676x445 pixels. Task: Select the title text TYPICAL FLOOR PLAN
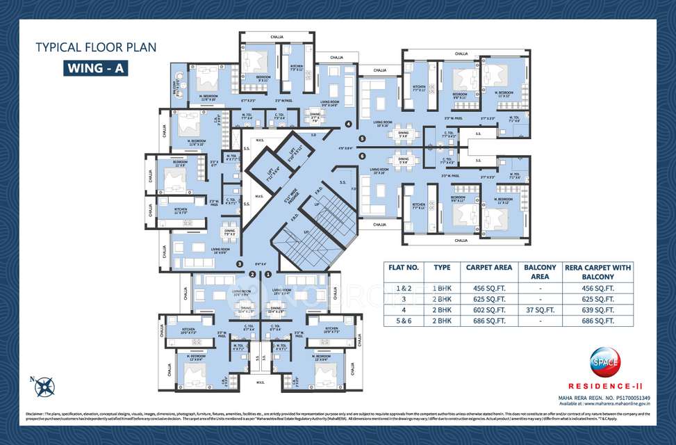[x=96, y=47]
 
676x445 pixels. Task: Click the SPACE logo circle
[x=604, y=361]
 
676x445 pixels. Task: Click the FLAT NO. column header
[x=402, y=268]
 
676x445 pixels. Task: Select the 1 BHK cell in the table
[x=443, y=286]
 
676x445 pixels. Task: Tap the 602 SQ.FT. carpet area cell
[x=488, y=309]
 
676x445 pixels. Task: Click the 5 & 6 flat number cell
[x=402, y=321]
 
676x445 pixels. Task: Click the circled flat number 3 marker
[x=240, y=264]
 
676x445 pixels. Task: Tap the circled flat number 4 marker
[x=348, y=124]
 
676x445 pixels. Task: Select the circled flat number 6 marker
[x=362, y=155]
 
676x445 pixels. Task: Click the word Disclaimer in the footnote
[x=34, y=414]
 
